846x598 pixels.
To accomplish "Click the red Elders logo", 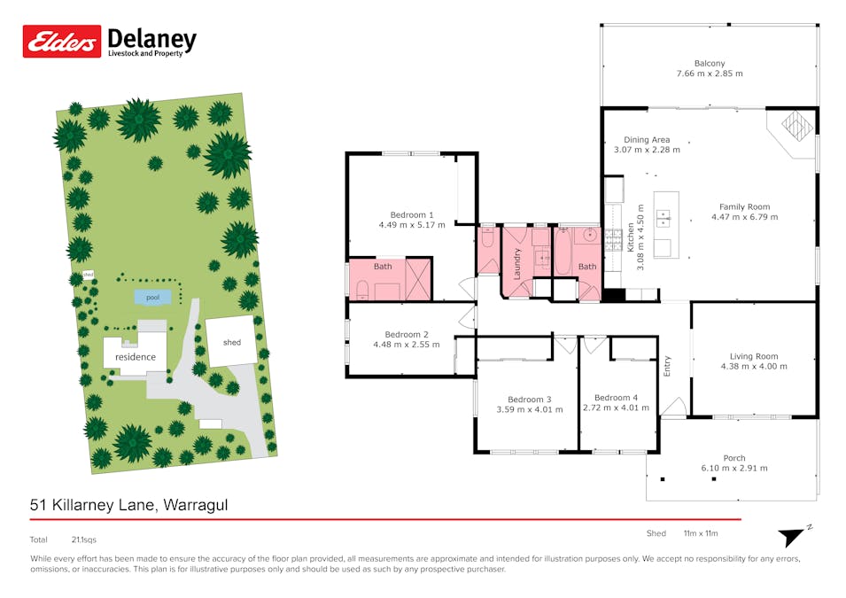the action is pyautogui.click(x=61, y=41).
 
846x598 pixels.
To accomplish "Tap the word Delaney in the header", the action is pyautogui.click(x=152, y=39).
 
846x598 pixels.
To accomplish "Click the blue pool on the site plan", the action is pyautogui.click(x=152, y=297).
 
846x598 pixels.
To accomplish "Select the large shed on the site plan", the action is pyautogui.click(x=231, y=341).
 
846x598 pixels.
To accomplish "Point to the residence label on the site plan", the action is pyautogui.click(x=136, y=357).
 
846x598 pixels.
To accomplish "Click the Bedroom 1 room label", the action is pyautogui.click(x=412, y=214).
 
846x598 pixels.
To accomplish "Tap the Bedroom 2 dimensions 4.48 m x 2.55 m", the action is pyautogui.click(x=407, y=345).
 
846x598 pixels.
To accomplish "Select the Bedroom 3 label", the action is pyautogui.click(x=529, y=400).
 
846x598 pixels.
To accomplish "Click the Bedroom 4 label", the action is pyautogui.click(x=616, y=398).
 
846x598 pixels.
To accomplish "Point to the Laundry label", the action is pyautogui.click(x=516, y=264).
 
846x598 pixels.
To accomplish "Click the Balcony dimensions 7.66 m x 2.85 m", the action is pyautogui.click(x=710, y=74).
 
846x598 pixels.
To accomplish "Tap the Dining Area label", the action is pyautogui.click(x=647, y=140).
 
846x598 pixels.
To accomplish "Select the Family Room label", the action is pyautogui.click(x=744, y=206).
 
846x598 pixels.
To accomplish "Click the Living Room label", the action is pyautogui.click(x=754, y=356).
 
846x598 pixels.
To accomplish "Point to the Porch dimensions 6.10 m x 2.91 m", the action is pyautogui.click(x=734, y=468).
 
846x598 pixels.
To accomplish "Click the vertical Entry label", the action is pyautogui.click(x=667, y=366).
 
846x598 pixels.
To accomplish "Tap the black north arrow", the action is pyautogui.click(x=791, y=537).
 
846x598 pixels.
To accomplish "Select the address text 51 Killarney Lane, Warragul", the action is pyautogui.click(x=129, y=505).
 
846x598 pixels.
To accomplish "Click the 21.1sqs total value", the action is pyautogui.click(x=83, y=540).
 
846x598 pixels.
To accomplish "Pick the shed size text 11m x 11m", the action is pyautogui.click(x=701, y=533).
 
